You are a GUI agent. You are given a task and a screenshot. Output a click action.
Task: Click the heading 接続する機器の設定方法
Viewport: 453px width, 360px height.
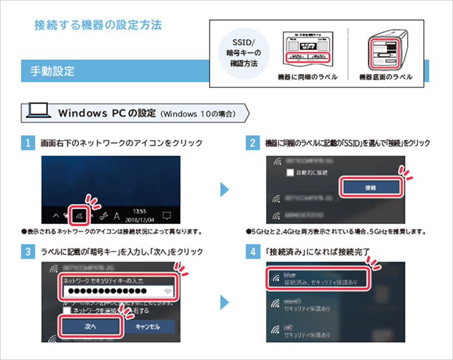(x=98, y=26)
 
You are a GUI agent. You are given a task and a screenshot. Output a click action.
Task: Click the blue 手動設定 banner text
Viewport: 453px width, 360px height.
(x=52, y=71)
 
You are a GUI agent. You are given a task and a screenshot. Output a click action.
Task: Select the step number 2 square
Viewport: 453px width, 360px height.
(x=252, y=144)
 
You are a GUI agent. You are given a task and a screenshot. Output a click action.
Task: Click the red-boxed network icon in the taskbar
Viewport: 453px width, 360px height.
(x=80, y=214)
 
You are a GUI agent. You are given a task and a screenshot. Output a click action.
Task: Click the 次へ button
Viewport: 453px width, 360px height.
(x=90, y=326)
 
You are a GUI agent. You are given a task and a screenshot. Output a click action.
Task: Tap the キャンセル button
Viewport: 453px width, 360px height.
(x=147, y=326)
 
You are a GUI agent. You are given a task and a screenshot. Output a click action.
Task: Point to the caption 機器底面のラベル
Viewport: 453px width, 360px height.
(x=385, y=77)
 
